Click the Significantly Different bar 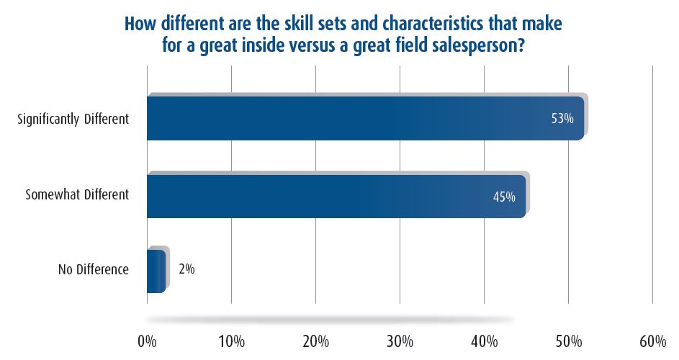(x=346, y=118)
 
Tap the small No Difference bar (x=156, y=271)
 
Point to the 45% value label (x=504, y=196)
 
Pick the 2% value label (x=186, y=269)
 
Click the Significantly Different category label (x=73, y=119)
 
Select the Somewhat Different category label (x=77, y=195)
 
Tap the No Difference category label (x=94, y=270)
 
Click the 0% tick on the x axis (x=147, y=339)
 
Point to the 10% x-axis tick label (x=231, y=339)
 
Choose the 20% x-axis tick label (x=315, y=339)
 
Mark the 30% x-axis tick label (x=400, y=339)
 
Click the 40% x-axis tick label (x=484, y=339)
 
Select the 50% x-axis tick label (x=568, y=339)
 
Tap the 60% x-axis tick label (x=652, y=339)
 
